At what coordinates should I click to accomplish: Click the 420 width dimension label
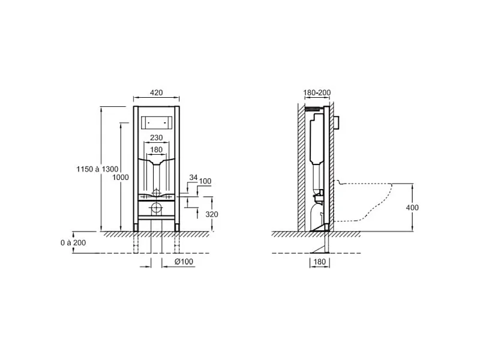pyautogui.click(x=156, y=92)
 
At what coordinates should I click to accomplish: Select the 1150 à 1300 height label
pyautogui.click(x=97, y=169)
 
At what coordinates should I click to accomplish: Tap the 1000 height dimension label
pyautogui.click(x=121, y=177)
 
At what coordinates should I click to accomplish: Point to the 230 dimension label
pyautogui.click(x=156, y=138)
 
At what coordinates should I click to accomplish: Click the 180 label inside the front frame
pyautogui.click(x=156, y=149)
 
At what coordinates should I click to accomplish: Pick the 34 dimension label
pyautogui.click(x=193, y=177)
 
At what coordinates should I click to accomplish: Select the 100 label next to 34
pyautogui.click(x=205, y=181)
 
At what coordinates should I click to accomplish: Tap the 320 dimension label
pyautogui.click(x=212, y=214)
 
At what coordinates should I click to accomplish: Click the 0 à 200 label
pyautogui.click(x=73, y=243)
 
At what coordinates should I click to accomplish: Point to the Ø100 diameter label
pyautogui.click(x=184, y=262)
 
